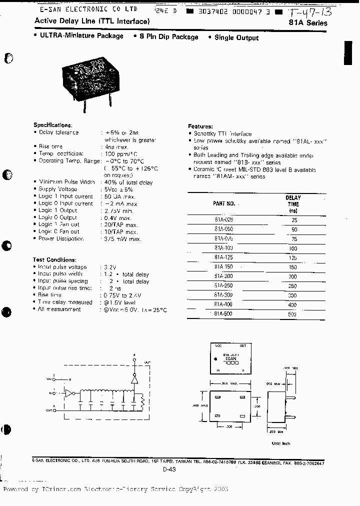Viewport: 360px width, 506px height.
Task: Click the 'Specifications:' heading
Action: pyautogui.click(x=52, y=125)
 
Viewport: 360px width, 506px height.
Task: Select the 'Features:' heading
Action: pyautogui.click(x=200, y=126)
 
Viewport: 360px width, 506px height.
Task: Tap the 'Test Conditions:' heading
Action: pyautogui.click(x=54, y=260)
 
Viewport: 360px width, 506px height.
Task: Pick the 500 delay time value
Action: pyautogui.click(x=292, y=314)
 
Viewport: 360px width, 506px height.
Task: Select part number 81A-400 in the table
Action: pyautogui.click(x=223, y=304)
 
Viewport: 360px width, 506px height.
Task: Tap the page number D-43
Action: pyautogui.click(x=169, y=469)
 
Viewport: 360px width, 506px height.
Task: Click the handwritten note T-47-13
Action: pyautogui.click(x=310, y=11)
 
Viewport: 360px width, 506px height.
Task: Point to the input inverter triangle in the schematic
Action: pyautogui.click(x=69, y=393)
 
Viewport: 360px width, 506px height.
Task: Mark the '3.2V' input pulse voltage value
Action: pyautogui.click(x=109, y=267)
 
